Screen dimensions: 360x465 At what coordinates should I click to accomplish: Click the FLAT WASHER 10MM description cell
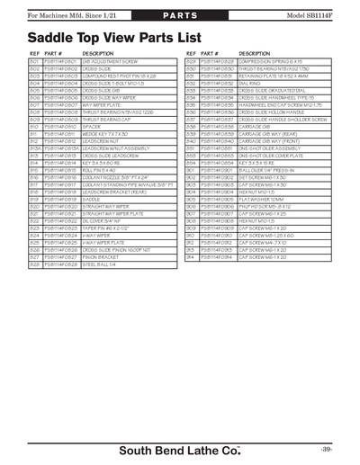click(263, 200)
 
